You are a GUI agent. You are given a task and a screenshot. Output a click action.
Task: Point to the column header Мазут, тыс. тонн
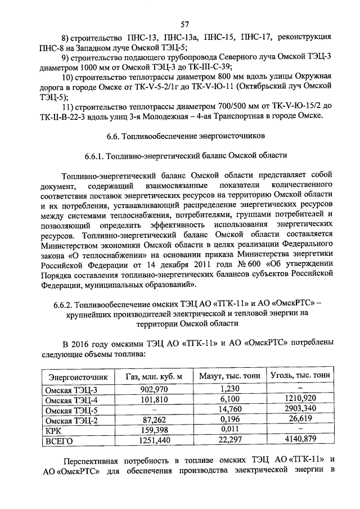(227, 376)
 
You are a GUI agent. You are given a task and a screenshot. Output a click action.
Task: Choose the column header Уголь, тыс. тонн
(300, 375)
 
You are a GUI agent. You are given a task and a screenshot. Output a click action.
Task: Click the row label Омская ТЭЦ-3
(71, 390)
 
